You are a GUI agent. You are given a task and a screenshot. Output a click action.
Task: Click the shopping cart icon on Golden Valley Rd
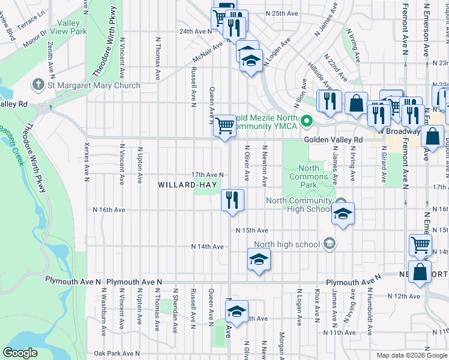pos(224,126)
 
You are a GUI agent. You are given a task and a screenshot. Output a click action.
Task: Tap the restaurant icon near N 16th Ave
pos(232,200)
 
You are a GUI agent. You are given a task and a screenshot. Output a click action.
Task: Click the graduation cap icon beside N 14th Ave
pos(259,259)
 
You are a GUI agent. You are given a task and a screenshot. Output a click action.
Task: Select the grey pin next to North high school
pos(330,244)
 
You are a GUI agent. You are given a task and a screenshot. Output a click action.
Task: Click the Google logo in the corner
pos(20,353)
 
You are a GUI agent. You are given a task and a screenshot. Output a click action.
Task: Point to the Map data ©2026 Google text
pos(412,355)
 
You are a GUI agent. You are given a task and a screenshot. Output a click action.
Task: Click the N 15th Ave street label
pos(252,230)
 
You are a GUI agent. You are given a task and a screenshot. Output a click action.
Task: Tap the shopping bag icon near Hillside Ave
pos(356,103)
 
